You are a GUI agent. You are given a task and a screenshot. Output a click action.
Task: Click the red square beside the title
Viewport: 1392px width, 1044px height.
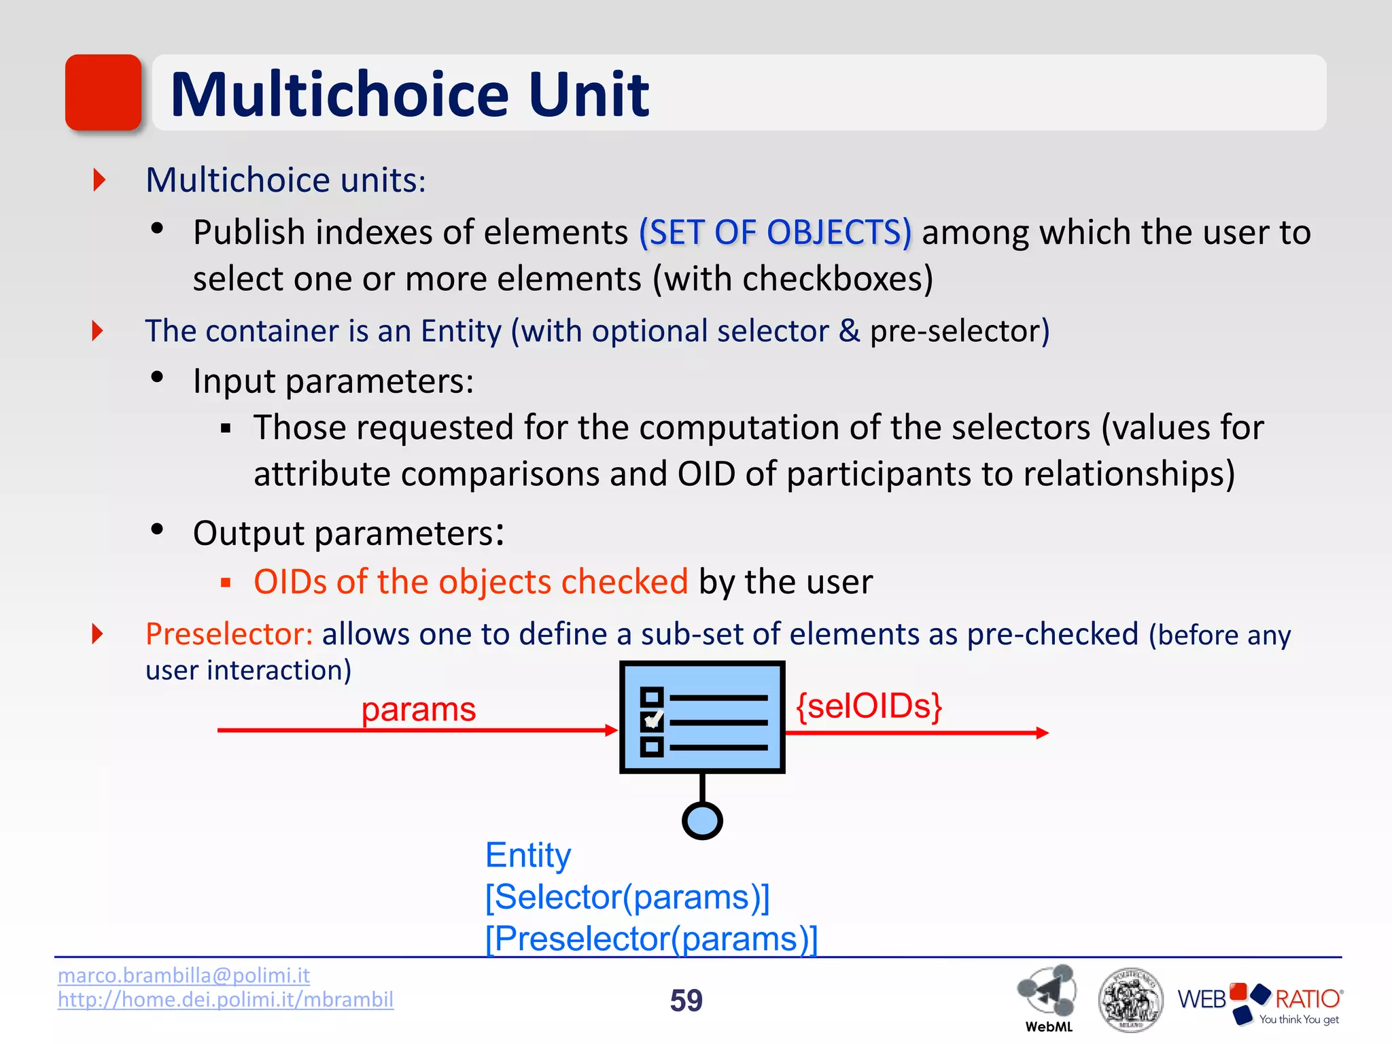point(103,92)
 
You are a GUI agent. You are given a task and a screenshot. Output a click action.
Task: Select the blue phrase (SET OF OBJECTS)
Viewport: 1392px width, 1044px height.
point(775,232)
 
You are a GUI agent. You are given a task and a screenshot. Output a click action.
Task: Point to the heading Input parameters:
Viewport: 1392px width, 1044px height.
point(333,381)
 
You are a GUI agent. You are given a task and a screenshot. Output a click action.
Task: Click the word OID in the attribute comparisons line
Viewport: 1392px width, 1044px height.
point(706,473)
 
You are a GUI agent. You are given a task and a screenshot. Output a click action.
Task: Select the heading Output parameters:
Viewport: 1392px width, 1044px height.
point(348,532)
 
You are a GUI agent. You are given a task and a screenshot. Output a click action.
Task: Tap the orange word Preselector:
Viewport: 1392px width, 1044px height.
point(229,633)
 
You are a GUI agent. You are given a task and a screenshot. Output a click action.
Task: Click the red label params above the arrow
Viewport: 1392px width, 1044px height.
point(418,710)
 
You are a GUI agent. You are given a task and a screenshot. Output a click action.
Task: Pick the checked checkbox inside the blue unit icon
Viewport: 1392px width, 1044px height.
point(652,721)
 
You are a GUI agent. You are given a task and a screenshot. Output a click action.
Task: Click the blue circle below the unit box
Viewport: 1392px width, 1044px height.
point(701,821)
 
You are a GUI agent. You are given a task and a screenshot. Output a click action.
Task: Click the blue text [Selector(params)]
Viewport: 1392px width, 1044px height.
point(627,897)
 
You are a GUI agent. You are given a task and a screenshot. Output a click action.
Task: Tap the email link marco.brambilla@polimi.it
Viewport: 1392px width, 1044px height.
point(184,975)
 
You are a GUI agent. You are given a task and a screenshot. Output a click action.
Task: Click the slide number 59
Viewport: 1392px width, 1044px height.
point(686,1000)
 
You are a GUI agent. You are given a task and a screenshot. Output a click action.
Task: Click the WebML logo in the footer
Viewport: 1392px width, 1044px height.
point(1047,996)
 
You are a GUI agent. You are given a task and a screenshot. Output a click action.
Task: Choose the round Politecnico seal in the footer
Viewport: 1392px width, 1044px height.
point(1130,1000)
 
